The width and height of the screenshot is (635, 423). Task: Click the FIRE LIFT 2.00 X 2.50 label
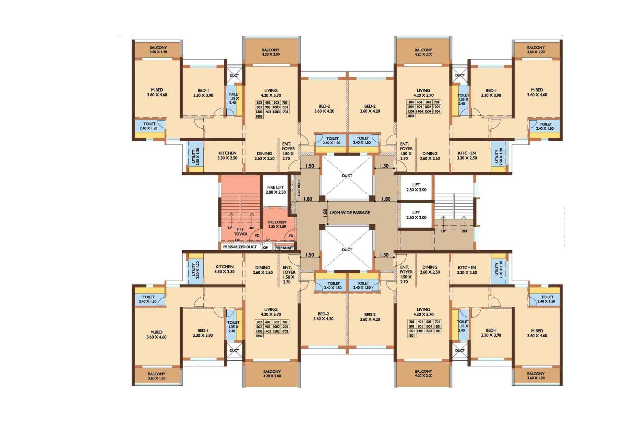tap(275, 190)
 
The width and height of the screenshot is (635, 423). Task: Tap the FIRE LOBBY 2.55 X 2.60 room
tap(277, 224)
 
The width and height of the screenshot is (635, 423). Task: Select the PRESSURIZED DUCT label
tap(240, 247)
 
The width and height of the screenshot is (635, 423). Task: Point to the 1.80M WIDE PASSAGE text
tap(349, 213)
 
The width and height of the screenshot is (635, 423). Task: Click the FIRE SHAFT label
tap(284, 248)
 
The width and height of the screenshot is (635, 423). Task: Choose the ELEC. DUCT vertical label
tap(299, 188)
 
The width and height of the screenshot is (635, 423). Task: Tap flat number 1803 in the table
tap(259, 116)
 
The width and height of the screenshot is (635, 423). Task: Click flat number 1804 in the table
tap(411, 116)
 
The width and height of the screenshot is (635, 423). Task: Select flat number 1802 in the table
tap(259, 336)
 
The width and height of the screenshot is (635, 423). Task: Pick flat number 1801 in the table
tap(411, 336)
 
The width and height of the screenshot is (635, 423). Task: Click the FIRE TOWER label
tap(240, 232)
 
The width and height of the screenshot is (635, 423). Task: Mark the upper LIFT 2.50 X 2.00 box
tap(416, 187)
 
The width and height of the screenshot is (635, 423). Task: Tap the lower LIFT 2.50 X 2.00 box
tap(416, 215)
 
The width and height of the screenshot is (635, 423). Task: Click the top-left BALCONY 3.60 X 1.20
tap(158, 50)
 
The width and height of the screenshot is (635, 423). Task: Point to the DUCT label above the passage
tap(347, 176)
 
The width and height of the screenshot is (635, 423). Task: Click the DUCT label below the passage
tap(347, 250)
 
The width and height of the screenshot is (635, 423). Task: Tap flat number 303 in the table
tap(259, 103)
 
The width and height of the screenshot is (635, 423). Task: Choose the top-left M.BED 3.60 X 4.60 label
tap(157, 93)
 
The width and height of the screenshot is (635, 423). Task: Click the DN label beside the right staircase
tap(464, 231)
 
